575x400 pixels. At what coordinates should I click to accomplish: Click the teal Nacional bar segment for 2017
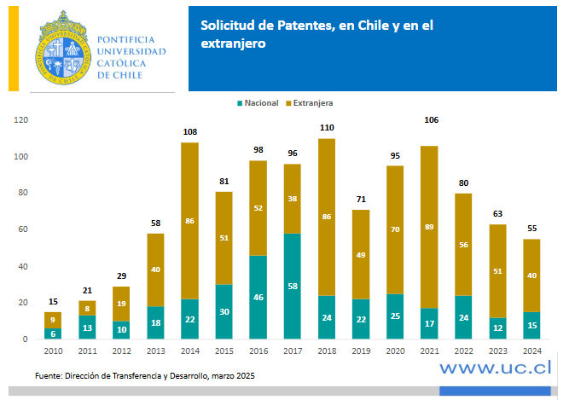point(292,286)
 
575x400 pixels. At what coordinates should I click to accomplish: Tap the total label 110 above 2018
point(326,128)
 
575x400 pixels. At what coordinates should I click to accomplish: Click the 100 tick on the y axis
point(19,157)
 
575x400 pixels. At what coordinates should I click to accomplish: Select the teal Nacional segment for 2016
point(258,297)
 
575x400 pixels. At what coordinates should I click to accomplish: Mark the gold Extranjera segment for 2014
point(190,221)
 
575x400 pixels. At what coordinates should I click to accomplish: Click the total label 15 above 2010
point(53,302)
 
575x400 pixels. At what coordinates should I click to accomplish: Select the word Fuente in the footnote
point(49,375)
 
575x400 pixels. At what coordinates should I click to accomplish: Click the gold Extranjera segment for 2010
point(53,320)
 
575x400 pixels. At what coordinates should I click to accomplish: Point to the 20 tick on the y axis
point(20,303)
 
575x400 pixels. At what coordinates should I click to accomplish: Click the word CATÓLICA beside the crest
point(122,63)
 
